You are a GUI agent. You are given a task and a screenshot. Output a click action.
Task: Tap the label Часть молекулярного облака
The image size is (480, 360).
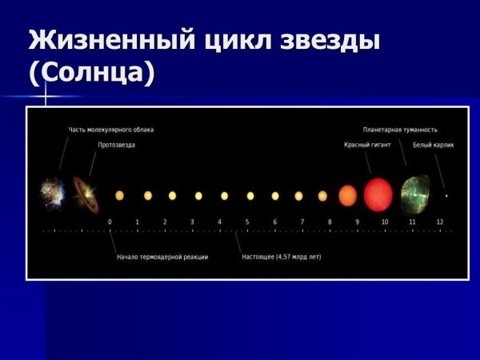[110, 129]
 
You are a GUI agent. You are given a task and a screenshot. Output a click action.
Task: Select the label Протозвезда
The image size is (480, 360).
[116, 145]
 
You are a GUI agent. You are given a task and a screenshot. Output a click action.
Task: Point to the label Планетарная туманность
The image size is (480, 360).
[400, 129]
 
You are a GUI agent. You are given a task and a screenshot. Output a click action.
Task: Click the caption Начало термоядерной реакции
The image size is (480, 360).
[162, 257]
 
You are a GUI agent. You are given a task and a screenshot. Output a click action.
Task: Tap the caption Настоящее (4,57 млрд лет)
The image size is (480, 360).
[282, 257]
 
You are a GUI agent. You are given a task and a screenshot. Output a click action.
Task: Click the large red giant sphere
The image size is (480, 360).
[378, 194]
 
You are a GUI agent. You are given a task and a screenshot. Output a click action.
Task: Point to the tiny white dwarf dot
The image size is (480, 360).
[446, 195]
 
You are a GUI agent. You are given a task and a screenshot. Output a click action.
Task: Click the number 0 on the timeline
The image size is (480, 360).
[110, 222]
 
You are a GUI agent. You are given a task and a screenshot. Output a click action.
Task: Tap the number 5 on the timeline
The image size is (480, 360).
[247, 222]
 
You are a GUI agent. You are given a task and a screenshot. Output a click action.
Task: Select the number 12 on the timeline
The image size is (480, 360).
[439, 222]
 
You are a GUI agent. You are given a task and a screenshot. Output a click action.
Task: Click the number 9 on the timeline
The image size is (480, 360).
[357, 222]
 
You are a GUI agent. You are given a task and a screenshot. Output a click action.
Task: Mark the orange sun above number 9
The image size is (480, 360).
[347, 195]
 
